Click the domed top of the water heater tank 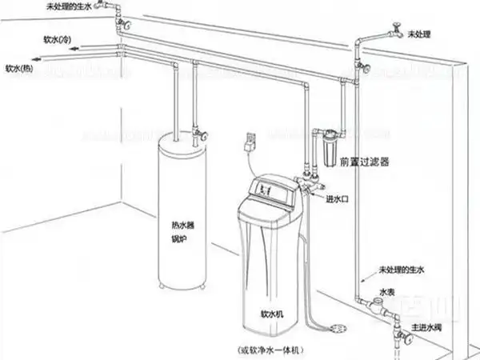pos(180,141)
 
